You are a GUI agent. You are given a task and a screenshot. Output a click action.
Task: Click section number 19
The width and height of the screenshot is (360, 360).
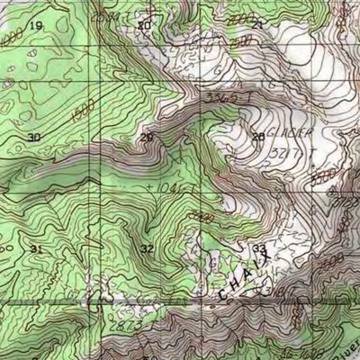(x=36, y=26)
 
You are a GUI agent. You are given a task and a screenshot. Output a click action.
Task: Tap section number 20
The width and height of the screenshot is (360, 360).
(x=145, y=26)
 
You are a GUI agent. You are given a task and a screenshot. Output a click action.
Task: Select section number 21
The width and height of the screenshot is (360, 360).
(x=257, y=25)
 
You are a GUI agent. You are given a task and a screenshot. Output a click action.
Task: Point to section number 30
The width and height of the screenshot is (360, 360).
(x=34, y=137)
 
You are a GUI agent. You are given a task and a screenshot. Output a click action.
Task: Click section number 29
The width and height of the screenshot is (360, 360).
(x=147, y=137)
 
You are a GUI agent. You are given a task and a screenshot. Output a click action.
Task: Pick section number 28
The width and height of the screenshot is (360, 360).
(x=258, y=137)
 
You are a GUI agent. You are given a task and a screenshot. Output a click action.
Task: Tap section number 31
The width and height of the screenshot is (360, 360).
(x=36, y=248)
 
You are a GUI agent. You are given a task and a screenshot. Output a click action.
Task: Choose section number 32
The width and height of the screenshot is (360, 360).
(x=147, y=248)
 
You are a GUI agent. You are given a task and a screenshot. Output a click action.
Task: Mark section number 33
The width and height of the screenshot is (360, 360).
(x=259, y=248)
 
